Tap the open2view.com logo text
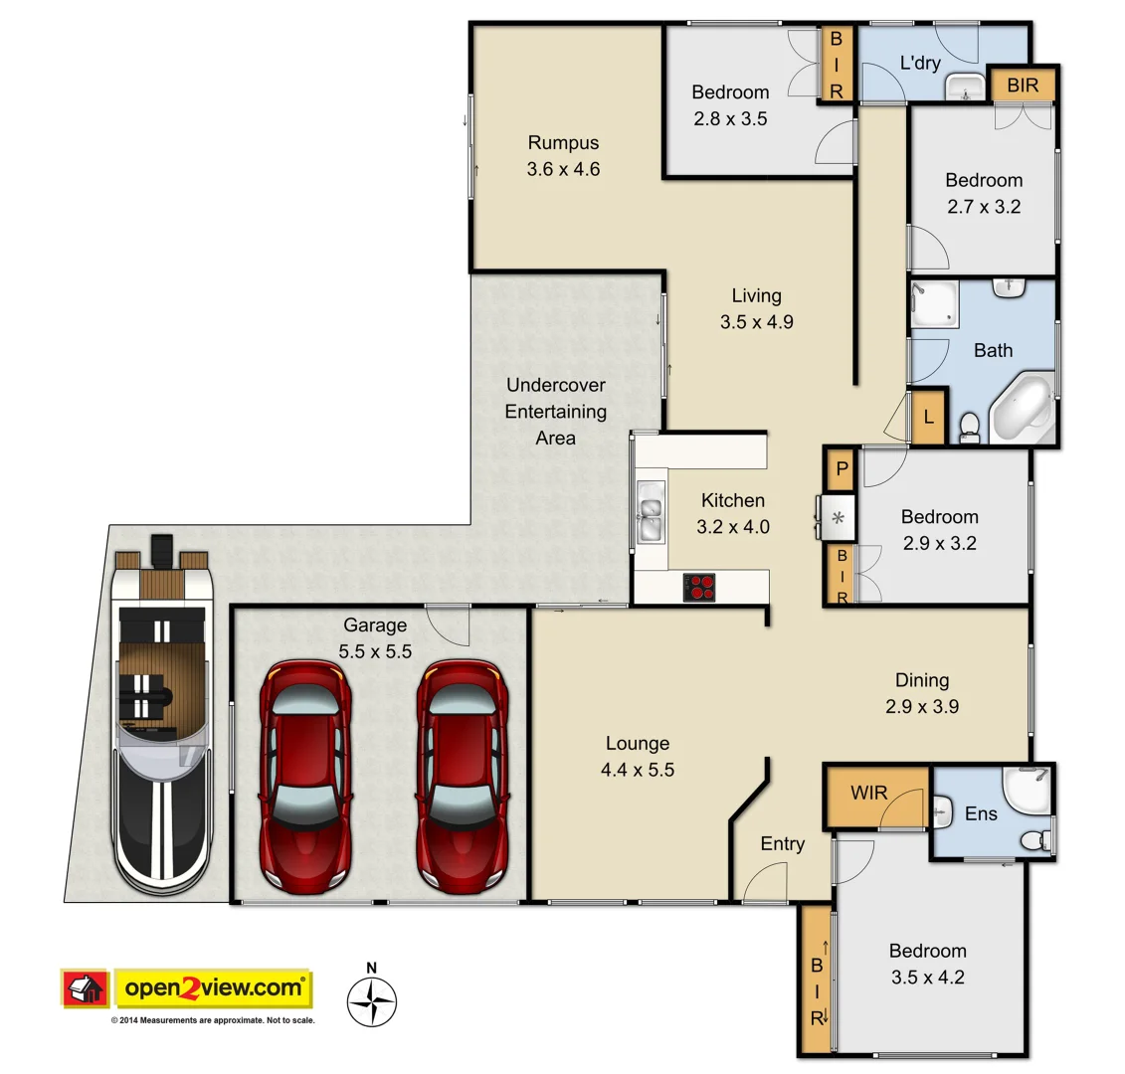(214, 988)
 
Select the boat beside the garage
(160, 716)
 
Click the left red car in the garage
(304, 776)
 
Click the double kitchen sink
(650, 511)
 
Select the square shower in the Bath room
(935, 304)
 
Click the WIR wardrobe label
(869, 794)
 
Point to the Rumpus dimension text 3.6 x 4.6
(563, 169)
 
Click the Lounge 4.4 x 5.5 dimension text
(638, 769)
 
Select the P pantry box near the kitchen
(841, 469)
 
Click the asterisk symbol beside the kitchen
(838, 517)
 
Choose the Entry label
(782, 844)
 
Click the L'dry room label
(919, 63)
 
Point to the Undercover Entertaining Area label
(555, 411)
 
